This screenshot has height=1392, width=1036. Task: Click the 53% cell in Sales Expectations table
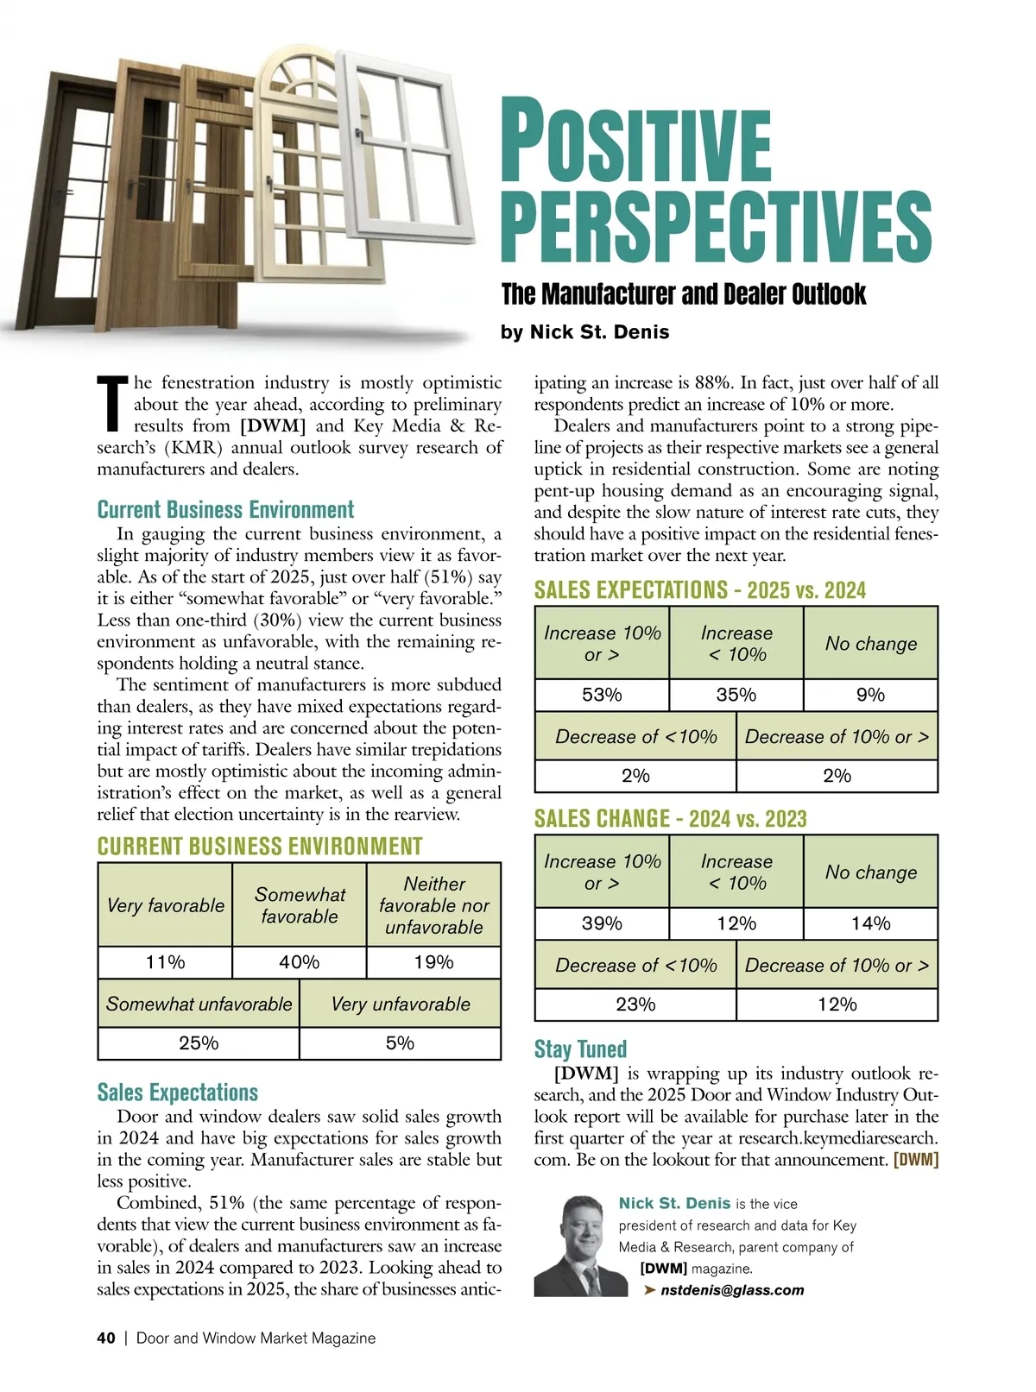[x=602, y=695]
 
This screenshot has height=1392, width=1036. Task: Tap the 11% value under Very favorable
[x=165, y=962]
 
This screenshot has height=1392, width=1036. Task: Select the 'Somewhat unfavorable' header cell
[x=199, y=1004]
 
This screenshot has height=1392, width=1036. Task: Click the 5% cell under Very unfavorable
[x=400, y=1043]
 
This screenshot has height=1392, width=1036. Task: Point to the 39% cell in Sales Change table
[x=602, y=923]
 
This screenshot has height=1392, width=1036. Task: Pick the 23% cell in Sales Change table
[x=635, y=1005]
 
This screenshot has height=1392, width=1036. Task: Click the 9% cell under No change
[x=870, y=695]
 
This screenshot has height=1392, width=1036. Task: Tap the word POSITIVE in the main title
[x=635, y=142]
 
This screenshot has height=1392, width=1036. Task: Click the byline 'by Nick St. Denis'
[x=584, y=332]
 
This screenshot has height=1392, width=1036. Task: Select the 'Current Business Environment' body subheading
[x=225, y=509]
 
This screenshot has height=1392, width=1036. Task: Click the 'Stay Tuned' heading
[x=580, y=1049]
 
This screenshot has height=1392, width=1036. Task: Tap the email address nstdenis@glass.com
[x=731, y=1290]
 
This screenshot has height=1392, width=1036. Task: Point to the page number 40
[x=106, y=1338]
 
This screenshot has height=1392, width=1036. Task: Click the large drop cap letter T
[x=113, y=403]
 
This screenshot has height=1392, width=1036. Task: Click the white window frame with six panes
[x=406, y=142]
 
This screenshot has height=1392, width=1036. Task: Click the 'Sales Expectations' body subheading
[x=177, y=1093]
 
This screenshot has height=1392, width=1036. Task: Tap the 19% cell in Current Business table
[x=433, y=962]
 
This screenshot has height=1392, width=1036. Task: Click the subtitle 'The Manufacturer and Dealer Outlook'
[x=683, y=294]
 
